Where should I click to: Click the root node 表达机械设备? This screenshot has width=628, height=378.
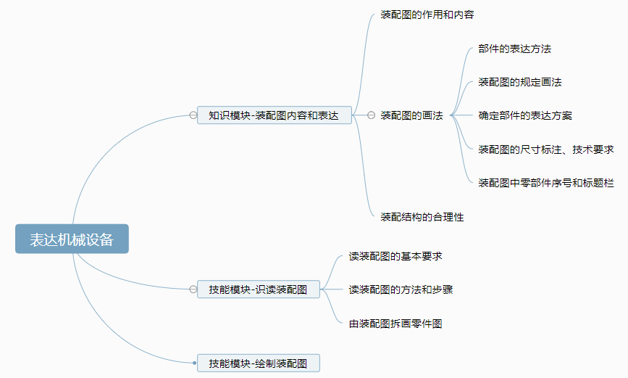72,239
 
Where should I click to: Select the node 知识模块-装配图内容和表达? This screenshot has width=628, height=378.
274,115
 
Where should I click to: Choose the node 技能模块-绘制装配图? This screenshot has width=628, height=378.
258,363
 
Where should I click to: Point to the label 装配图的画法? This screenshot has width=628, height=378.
411,115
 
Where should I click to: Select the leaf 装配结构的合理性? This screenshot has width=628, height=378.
422,217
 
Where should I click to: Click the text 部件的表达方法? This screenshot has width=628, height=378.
515,49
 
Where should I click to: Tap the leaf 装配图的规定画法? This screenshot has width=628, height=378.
520,82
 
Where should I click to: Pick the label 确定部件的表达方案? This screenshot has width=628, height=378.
525,115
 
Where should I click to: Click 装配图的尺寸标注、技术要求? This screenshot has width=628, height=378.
546,149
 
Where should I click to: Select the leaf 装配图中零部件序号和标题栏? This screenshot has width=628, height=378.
546,183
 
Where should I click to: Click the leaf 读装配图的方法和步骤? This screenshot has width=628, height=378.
401,289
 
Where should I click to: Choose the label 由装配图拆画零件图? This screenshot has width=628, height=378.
395,324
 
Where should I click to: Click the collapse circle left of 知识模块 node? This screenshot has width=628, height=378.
193,115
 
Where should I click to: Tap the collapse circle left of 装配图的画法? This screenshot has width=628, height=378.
371,115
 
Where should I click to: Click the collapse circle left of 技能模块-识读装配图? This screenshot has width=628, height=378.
193,289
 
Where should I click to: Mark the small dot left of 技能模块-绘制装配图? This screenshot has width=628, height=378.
194,363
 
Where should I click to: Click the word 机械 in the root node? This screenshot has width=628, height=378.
72,239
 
